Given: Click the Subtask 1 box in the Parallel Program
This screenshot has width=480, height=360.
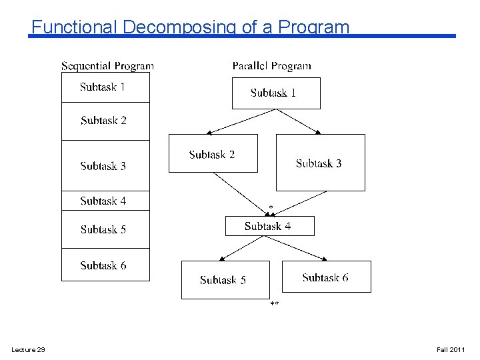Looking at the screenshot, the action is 276,93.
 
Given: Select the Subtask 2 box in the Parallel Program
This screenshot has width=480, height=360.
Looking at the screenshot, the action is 213,154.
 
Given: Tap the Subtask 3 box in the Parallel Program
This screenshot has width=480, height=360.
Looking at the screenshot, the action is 320,163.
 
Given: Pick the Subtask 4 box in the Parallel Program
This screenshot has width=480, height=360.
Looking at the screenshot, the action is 269,226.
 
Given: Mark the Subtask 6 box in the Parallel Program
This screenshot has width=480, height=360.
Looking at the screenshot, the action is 326,277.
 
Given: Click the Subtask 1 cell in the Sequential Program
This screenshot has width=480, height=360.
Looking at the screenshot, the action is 105,87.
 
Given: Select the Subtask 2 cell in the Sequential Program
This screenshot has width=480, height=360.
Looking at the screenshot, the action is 105,121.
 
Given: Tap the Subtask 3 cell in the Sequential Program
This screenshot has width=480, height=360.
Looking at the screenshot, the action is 105,166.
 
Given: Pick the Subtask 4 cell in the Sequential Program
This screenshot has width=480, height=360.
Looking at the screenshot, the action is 105,201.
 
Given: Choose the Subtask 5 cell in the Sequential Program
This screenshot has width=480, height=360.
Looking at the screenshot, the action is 105,229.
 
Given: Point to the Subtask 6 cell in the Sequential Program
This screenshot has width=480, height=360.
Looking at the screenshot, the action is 105,265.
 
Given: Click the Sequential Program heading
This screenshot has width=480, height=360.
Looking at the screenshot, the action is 107,66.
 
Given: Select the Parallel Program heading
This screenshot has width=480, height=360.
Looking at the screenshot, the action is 271,66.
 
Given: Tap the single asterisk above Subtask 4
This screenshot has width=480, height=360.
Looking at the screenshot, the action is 271,208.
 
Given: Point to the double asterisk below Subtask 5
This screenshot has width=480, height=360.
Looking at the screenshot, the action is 274,305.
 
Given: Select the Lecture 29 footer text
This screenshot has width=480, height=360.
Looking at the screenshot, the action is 28,350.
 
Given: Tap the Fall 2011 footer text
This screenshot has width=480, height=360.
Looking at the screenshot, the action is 451,350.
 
